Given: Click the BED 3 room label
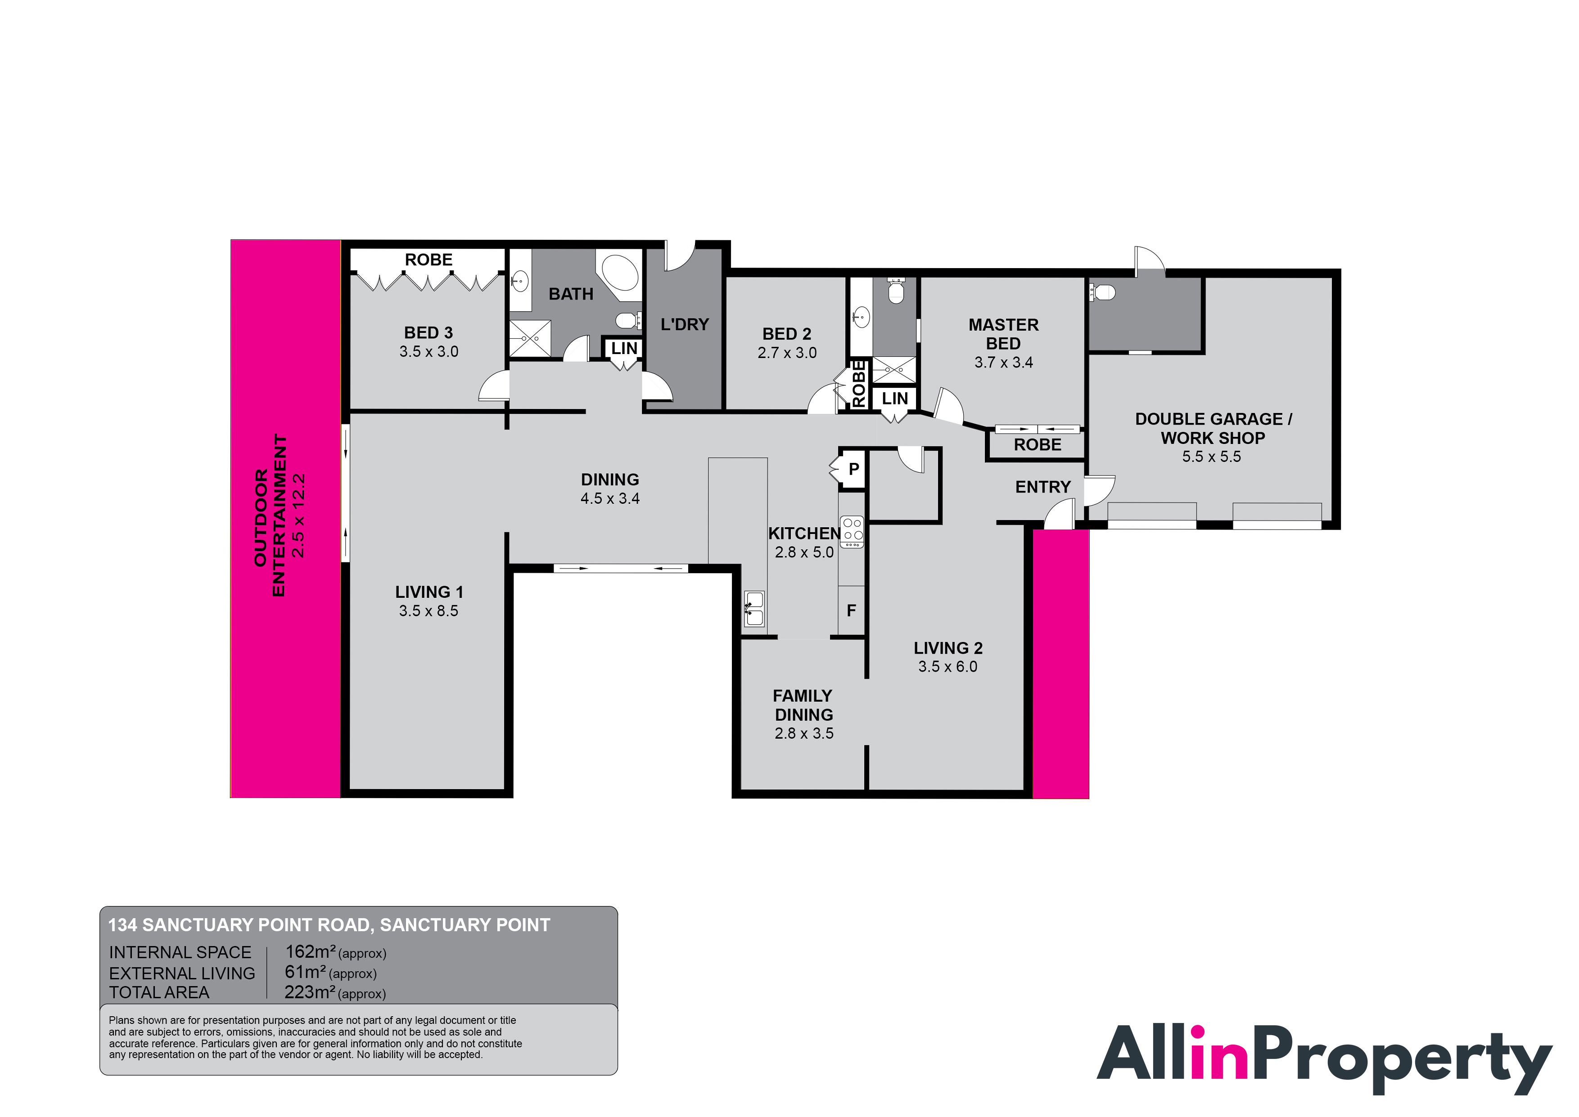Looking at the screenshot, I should tap(428, 333).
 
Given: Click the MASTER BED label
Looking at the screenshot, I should tap(1003, 334).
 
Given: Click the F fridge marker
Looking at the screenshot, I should tap(851, 610).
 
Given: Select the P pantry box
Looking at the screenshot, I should tap(853, 469).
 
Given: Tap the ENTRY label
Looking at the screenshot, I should tap(1042, 487).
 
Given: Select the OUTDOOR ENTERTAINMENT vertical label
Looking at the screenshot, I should tap(269, 516).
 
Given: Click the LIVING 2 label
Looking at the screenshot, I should tap(947, 648).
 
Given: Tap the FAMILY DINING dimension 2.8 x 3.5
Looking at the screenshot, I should tap(803, 733).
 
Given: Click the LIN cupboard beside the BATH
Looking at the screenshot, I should tap(623, 349).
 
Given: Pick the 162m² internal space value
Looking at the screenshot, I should tap(310, 952).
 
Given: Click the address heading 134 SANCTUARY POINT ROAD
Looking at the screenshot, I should tap(329, 925).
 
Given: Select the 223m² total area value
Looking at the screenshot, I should tap(310, 992).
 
